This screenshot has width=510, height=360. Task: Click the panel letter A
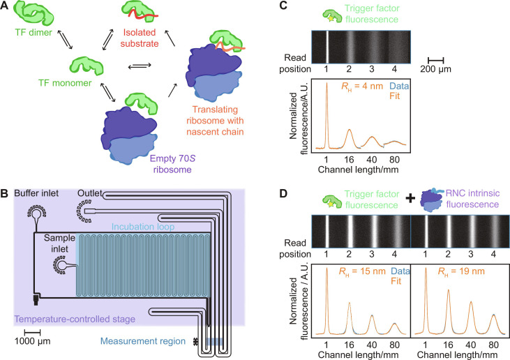coord(6,6)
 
